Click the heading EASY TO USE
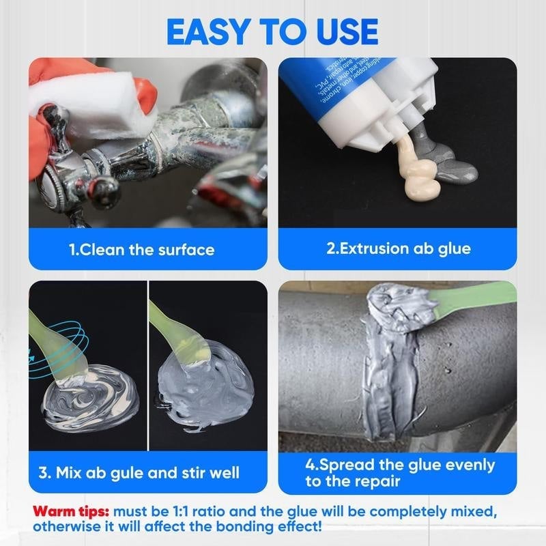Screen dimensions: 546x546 272,31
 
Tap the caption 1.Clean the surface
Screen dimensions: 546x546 141,250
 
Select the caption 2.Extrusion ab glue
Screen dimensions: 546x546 398,248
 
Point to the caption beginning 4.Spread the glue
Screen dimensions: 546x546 399,473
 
